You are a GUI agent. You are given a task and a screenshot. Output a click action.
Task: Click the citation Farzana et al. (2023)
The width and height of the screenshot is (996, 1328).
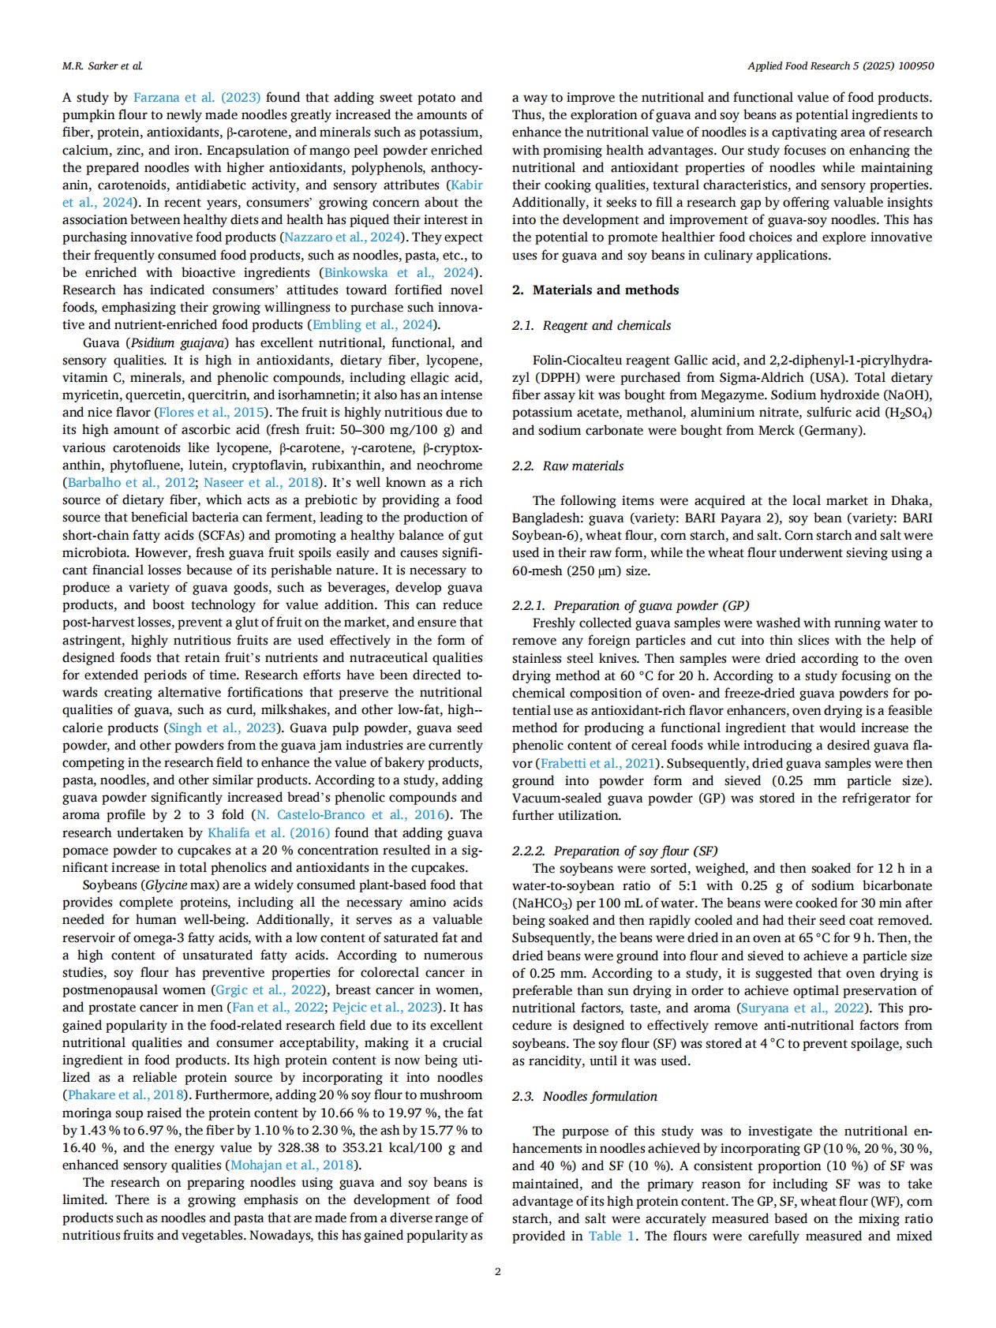(197, 98)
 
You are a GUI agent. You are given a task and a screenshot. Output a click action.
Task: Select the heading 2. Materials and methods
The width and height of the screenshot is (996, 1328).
(595, 290)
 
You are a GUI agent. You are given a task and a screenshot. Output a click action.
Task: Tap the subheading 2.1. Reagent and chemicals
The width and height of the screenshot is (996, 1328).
(591, 325)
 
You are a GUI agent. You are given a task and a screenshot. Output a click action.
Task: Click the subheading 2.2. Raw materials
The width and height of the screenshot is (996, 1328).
(567, 466)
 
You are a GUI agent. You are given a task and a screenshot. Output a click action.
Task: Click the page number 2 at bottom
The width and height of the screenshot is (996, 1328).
(497, 1271)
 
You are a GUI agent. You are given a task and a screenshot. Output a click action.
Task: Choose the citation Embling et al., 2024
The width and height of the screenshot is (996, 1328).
(373, 325)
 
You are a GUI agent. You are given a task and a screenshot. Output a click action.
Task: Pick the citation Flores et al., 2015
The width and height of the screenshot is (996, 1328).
(211, 413)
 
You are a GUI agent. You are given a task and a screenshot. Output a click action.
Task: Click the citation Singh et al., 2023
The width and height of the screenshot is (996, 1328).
(223, 728)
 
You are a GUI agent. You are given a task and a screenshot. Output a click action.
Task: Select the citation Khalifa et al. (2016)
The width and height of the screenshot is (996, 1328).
(268, 833)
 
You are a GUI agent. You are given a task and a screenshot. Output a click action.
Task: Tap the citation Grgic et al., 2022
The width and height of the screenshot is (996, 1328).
(268, 990)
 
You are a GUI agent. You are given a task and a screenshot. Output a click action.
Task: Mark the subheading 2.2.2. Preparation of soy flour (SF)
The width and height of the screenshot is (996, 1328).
(615, 851)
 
